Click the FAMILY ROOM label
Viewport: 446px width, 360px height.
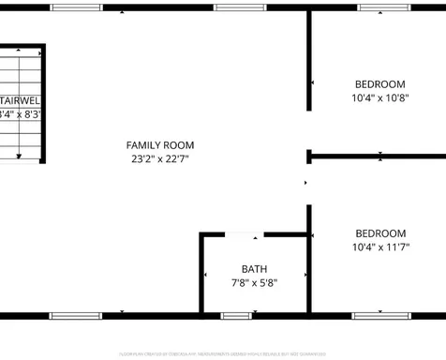tap(160, 144)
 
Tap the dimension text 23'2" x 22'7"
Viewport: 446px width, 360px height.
tap(160, 158)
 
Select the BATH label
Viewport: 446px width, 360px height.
tap(254, 268)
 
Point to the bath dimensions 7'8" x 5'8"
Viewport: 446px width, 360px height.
tap(254, 282)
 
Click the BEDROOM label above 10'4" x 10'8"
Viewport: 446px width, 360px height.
tap(379, 83)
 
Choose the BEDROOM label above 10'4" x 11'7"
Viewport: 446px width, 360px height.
tap(379, 233)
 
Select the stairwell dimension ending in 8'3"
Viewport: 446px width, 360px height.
tap(20, 114)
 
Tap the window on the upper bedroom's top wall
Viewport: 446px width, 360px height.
tap(383, 8)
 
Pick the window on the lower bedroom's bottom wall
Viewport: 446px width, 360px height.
tap(379, 314)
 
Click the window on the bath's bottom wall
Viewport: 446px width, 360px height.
tap(235, 314)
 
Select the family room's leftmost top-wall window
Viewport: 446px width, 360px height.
tap(77, 8)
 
